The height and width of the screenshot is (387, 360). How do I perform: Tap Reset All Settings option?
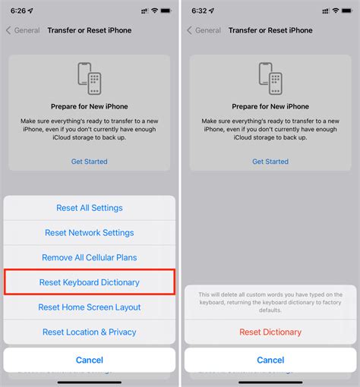pos(90,208)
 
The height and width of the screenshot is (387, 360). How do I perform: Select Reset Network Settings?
pos(90,233)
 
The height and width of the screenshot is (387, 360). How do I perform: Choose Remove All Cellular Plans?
pos(90,258)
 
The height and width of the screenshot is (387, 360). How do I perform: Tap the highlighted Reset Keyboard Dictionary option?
pos(90,282)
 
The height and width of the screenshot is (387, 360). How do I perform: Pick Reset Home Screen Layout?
pos(90,307)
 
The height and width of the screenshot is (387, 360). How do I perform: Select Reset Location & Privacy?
pos(90,332)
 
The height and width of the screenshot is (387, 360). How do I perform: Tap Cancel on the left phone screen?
pos(90,360)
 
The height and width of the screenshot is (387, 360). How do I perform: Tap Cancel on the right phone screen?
pos(270,360)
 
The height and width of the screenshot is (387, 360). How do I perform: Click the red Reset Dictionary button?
pos(270,332)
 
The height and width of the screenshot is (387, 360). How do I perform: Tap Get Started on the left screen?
pos(90,162)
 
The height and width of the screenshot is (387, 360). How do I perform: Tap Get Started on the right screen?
pos(270,162)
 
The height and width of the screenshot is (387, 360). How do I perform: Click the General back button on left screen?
pos(22,30)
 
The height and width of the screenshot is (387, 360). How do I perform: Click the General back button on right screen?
pos(203,30)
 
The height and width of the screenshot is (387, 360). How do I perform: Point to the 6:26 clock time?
pos(19,10)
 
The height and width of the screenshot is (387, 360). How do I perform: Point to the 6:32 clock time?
pos(200,10)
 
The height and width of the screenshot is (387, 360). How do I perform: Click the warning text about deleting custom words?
pos(270,302)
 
